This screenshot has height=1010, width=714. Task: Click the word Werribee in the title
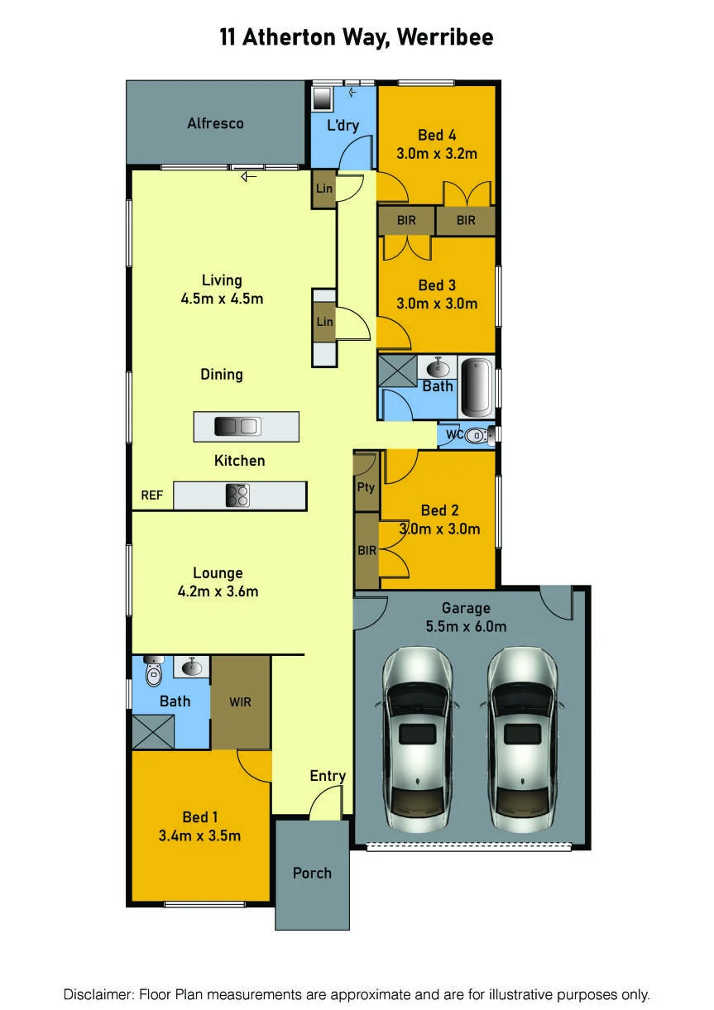tap(445, 37)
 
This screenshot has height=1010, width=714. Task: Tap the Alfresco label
tap(216, 123)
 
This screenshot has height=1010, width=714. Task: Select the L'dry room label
tap(343, 125)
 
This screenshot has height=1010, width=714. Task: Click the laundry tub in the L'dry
tap(322, 98)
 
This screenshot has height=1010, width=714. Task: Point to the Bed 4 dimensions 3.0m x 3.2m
tap(437, 154)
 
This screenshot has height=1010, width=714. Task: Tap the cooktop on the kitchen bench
tap(237, 496)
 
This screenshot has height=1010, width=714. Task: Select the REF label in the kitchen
tap(151, 495)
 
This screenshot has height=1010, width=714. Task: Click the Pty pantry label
tap(366, 487)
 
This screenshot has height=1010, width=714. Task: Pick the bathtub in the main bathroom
tap(477, 387)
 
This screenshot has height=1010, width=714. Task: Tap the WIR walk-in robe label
tap(240, 702)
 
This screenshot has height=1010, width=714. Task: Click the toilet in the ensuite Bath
tap(153, 672)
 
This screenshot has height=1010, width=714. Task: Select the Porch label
tap(312, 874)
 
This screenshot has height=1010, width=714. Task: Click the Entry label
tap(328, 776)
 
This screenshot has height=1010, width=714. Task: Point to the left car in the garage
tap(417, 740)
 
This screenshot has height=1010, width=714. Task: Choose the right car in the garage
tap(522, 740)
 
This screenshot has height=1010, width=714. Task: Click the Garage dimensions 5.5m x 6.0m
tap(466, 627)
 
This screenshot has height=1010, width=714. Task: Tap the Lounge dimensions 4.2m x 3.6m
tap(218, 591)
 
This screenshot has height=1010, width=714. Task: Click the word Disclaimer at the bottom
tap(98, 994)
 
